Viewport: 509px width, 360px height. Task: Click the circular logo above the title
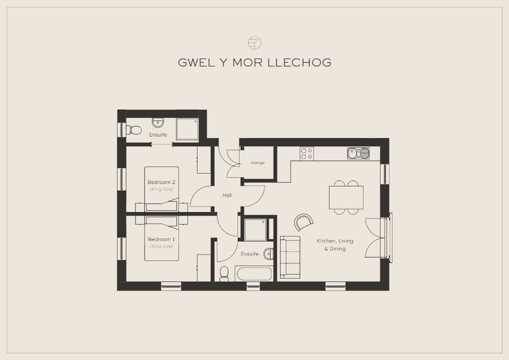pos(254,43)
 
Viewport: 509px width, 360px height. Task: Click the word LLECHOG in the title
pos(299,62)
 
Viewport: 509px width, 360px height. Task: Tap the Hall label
pos(227,195)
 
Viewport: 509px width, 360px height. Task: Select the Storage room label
pos(257,162)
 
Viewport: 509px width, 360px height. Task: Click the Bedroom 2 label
pos(161,182)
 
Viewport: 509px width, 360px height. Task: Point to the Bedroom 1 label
pos(161,239)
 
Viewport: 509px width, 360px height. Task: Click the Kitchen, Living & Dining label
pos(334,245)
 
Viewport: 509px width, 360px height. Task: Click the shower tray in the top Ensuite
pos(187,129)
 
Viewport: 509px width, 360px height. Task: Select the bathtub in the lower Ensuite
pos(254,274)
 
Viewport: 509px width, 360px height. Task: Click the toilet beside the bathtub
pos(224,273)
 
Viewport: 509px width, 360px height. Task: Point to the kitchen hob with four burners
pos(307,153)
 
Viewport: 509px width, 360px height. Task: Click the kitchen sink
pos(358,153)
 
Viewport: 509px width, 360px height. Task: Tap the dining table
pos(346,197)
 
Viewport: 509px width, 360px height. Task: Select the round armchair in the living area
pos(303,222)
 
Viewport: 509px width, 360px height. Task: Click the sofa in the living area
pos(290,257)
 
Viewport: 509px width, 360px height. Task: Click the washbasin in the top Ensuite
pos(158,122)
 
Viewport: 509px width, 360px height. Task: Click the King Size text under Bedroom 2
pos(161,189)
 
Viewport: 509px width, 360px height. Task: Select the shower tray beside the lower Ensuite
pos(255,230)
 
